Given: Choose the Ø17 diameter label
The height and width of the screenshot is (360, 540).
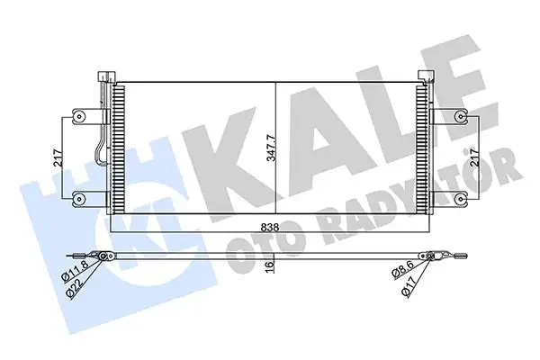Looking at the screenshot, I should (413, 286).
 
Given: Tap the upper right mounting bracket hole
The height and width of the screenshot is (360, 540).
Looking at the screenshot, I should (461, 114).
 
